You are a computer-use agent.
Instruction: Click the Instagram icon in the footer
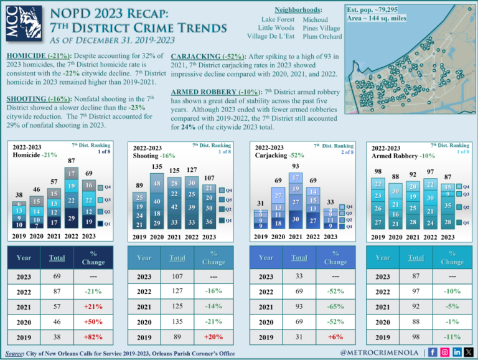446,353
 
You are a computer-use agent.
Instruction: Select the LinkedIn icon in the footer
457,353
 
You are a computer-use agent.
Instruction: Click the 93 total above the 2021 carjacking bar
295,166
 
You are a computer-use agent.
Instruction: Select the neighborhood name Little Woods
276,27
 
